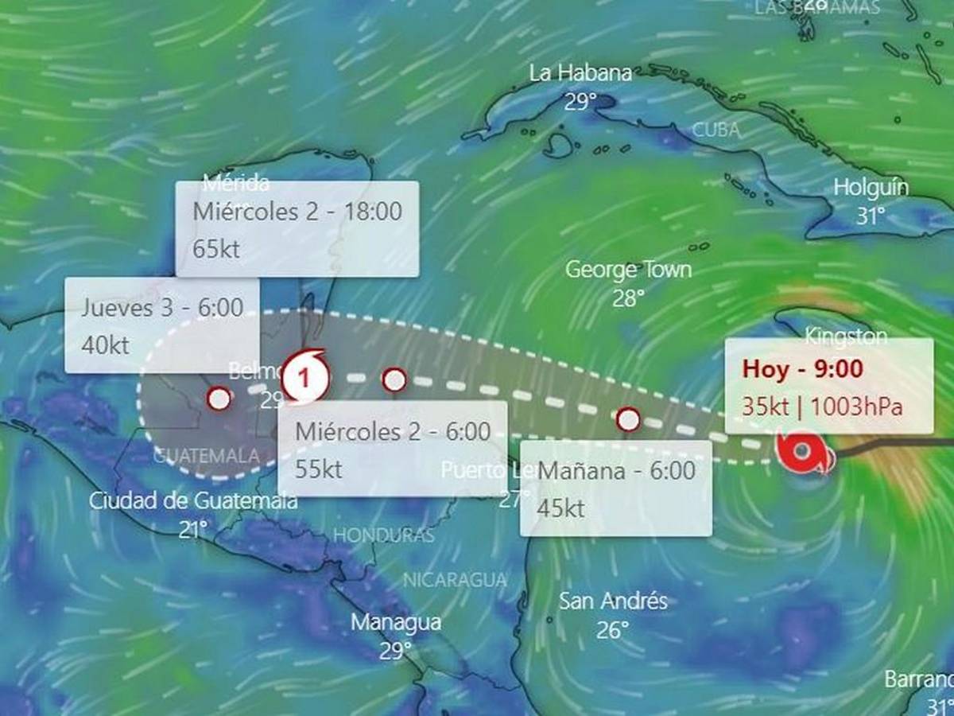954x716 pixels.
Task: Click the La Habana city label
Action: [580, 74]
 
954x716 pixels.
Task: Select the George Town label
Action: [628, 270]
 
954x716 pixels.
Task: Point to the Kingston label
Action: [846, 336]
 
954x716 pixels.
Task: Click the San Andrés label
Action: [612, 601]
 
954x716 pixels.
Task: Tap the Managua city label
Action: [396, 622]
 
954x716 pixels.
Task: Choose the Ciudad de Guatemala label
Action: [193, 501]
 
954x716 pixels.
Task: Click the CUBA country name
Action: [715, 130]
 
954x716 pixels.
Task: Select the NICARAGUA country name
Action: [455, 580]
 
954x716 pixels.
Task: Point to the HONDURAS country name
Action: [383, 535]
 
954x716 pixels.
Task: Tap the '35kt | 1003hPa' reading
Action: [823, 406]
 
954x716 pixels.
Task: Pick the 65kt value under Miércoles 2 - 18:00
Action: [216, 248]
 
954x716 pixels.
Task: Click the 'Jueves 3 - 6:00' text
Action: [162, 308]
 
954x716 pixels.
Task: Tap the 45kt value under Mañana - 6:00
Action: [561, 508]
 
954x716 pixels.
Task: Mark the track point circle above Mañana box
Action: [628, 418]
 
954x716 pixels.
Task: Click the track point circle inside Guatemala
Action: [219, 399]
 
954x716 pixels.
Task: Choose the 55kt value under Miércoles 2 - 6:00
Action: [318, 469]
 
